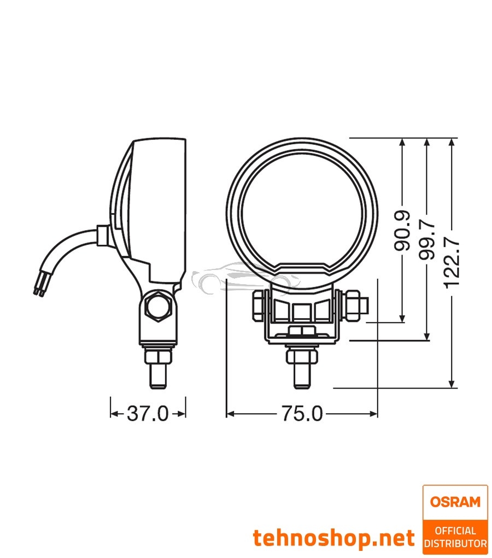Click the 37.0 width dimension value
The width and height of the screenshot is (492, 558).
tap(148, 414)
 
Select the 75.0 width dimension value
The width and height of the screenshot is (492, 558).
tap(302, 414)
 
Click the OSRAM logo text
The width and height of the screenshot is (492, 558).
tap(455, 501)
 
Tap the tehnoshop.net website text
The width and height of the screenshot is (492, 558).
tap(333, 538)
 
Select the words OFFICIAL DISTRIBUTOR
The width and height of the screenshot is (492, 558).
tap(455, 536)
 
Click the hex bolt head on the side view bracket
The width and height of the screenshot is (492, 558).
tap(159, 309)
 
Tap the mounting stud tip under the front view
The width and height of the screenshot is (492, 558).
tap(301, 380)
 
